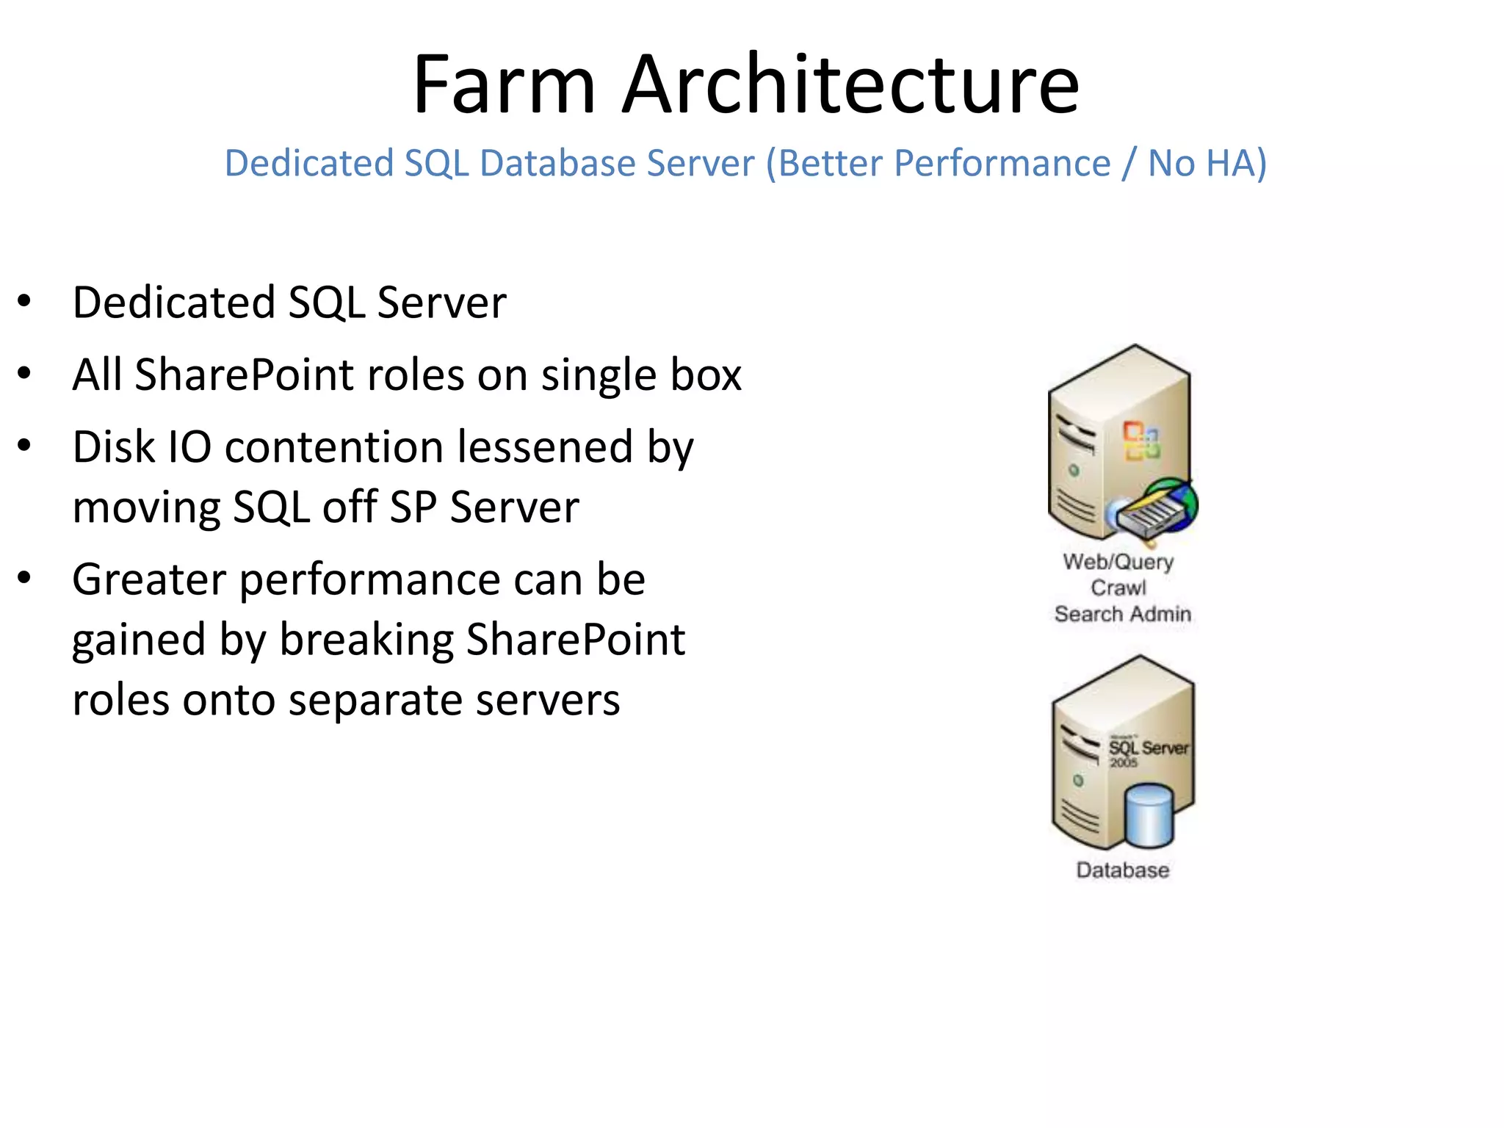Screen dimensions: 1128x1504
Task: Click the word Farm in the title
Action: (x=504, y=85)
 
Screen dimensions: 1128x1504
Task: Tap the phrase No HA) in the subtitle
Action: (x=1207, y=163)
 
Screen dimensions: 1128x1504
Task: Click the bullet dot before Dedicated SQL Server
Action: (x=24, y=301)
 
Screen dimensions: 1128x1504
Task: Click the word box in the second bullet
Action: (x=706, y=375)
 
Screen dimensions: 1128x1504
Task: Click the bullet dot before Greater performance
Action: (x=24, y=578)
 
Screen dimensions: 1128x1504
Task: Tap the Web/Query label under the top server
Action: (x=1118, y=562)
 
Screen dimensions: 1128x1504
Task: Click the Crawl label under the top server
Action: (x=1118, y=587)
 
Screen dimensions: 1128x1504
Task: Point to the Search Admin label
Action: (x=1122, y=613)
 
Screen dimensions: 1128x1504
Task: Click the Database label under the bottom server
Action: (x=1122, y=870)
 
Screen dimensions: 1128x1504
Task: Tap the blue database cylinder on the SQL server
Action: (x=1149, y=815)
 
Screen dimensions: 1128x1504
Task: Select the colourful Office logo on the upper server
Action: (x=1141, y=441)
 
